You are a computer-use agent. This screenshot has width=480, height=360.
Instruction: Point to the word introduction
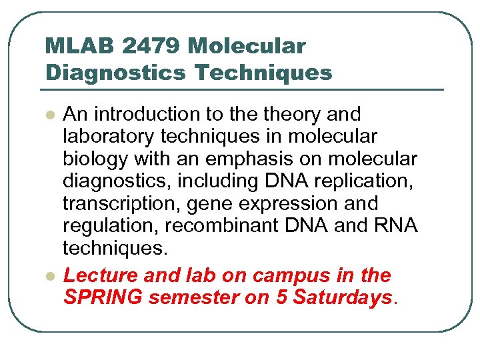[152, 114]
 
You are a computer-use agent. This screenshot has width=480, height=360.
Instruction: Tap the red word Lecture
[99, 275]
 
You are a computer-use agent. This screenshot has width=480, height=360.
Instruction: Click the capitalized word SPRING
[103, 297]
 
